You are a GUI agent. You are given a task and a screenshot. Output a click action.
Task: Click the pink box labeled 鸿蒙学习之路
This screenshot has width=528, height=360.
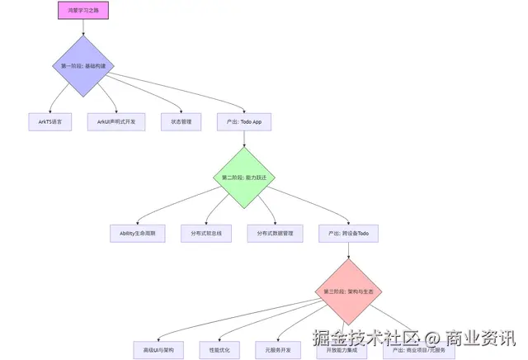pos(83,10)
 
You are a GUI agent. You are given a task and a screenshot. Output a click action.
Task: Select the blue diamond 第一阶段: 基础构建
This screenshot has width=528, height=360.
pos(83,65)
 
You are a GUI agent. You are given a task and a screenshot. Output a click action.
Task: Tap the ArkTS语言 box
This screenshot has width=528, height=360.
pos(49,121)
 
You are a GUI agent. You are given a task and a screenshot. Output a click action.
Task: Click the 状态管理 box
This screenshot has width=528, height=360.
pos(181,121)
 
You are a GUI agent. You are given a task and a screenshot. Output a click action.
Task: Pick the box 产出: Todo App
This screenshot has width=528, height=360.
pos(244,121)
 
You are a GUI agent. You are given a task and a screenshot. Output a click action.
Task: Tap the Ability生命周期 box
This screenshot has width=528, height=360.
pos(138,234)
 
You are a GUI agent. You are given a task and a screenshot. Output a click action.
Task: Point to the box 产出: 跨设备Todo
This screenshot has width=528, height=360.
pos(349,234)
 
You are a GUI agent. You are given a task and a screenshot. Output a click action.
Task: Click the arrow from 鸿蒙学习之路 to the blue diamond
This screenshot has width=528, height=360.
pos(83,26)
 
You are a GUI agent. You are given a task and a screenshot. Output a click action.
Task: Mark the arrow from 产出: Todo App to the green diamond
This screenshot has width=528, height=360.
pos(244,138)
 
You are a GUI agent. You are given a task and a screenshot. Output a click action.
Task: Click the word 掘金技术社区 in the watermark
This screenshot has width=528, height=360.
pos(364,339)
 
